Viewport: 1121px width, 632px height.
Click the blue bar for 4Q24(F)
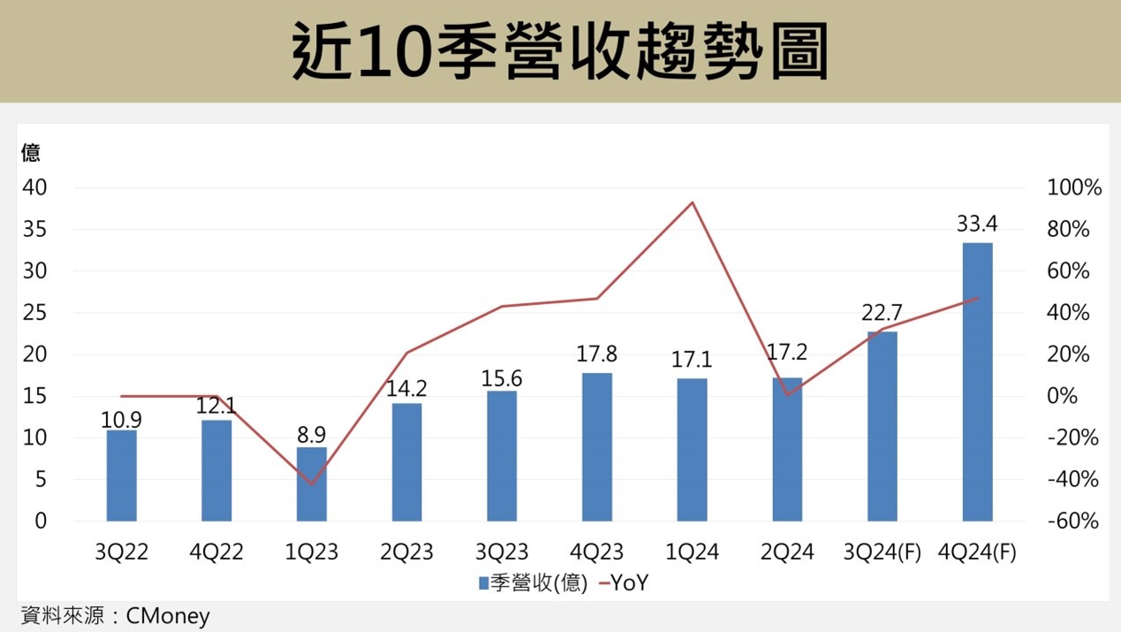977,382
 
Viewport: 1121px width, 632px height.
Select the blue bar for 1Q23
312,484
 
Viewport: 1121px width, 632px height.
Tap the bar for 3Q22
122,476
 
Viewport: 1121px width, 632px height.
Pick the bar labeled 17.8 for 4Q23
597,447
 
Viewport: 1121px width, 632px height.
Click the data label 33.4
977,224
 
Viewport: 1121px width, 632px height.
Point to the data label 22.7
882,313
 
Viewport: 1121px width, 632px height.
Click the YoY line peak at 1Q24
693,202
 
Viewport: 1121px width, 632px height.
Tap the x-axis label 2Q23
407,553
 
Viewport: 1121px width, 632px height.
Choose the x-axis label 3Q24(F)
882,553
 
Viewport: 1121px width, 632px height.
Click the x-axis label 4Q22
216,553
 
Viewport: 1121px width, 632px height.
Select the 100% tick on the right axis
1073,188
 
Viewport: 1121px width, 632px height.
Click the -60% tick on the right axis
1073,522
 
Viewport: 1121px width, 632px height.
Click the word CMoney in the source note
168,615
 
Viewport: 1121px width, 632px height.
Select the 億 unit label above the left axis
30,153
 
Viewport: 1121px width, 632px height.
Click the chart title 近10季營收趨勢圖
560,51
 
